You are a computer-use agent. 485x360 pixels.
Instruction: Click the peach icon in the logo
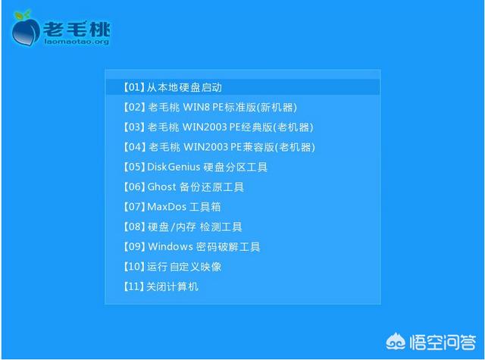[x=26, y=30]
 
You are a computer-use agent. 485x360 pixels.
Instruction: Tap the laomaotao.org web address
[x=77, y=42]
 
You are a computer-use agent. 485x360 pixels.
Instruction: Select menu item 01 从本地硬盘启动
[x=173, y=87]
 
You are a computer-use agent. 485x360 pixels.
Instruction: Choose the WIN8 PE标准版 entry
[x=211, y=108]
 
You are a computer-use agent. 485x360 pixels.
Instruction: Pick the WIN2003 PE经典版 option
[x=218, y=127]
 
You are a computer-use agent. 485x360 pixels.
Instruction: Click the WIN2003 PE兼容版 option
[x=219, y=147]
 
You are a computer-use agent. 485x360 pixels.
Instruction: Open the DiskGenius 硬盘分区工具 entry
[x=196, y=167]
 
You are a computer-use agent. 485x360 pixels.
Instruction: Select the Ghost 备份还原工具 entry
[x=183, y=186]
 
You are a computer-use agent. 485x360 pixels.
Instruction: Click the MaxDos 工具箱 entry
[x=172, y=207]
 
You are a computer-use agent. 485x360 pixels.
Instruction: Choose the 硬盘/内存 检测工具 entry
[x=183, y=227]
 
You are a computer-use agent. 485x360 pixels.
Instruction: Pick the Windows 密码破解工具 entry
[x=192, y=246]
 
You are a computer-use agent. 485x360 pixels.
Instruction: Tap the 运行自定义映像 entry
[x=173, y=266]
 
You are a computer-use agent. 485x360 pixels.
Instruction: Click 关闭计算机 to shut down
[x=161, y=286]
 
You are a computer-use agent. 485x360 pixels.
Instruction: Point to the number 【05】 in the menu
[x=134, y=167]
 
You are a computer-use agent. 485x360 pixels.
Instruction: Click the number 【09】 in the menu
[x=134, y=246]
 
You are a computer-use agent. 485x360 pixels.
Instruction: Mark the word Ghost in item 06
[x=161, y=186]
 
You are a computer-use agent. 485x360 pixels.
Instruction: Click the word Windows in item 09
[x=171, y=246]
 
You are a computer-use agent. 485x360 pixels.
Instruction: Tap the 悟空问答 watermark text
[x=443, y=342]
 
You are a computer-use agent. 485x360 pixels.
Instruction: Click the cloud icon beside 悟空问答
[x=396, y=342]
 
